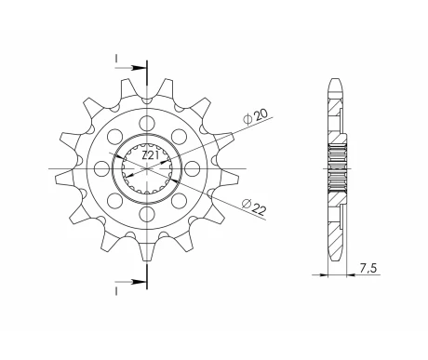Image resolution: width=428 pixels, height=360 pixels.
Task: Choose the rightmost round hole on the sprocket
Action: (193, 169)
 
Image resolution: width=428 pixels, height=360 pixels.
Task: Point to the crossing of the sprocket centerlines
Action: (146, 169)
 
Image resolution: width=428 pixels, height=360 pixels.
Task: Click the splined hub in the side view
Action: (337, 169)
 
